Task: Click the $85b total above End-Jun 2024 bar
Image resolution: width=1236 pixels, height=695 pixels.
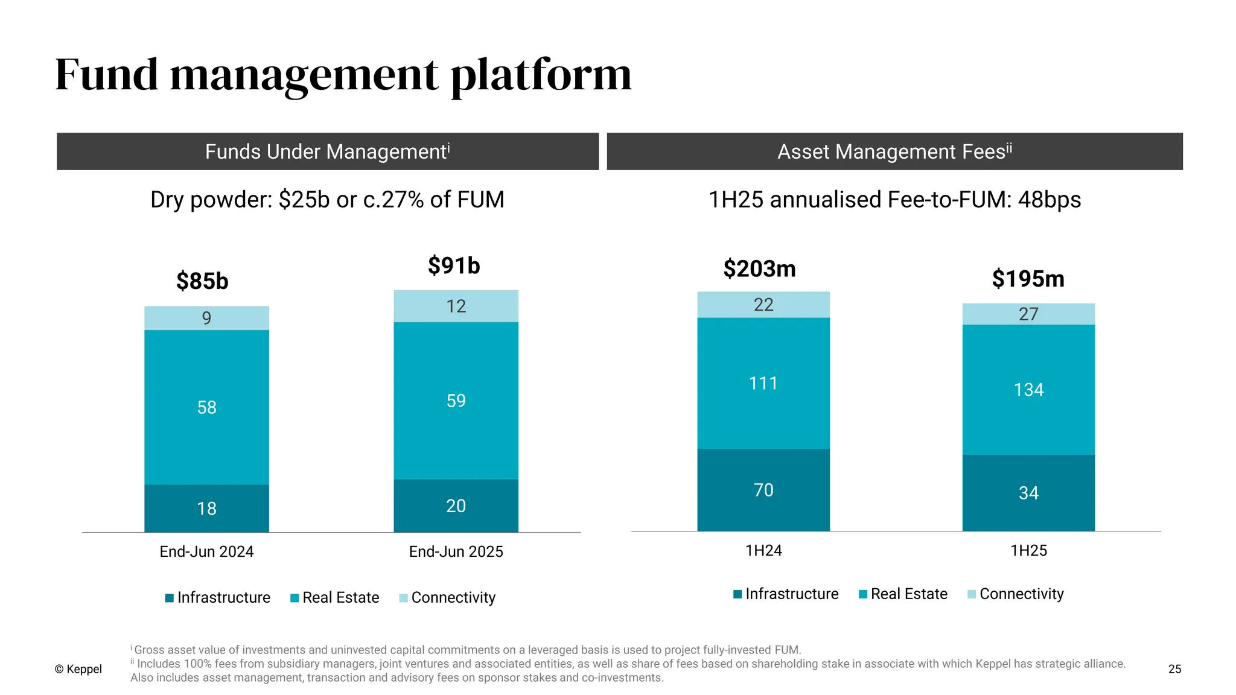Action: [202, 281]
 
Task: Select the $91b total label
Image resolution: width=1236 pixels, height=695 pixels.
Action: [454, 265]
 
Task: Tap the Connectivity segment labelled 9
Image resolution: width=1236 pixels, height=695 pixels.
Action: [206, 318]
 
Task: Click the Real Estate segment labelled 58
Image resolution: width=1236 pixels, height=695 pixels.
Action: [206, 407]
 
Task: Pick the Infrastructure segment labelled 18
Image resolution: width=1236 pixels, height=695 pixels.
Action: [206, 509]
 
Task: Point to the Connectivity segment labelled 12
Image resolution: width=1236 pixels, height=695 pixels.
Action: [456, 306]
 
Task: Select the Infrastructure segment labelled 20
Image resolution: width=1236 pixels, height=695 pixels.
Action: [456, 506]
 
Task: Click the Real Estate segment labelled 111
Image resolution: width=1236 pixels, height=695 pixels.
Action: [763, 383]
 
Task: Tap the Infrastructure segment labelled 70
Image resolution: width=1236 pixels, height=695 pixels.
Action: [763, 490]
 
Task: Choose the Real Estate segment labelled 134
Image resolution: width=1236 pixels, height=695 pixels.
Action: [1028, 390]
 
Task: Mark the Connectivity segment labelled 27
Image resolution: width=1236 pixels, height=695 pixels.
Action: [1028, 314]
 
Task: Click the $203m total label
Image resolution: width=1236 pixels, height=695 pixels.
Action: [759, 268]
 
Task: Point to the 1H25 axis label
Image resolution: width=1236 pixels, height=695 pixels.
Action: [1028, 550]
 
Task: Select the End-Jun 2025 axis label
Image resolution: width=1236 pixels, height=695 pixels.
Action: [456, 551]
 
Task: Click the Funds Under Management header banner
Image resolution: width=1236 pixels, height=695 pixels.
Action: [328, 151]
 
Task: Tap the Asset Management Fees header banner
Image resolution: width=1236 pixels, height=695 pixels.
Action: [894, 151]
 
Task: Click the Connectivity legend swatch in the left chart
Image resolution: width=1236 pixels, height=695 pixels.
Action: [403, 598]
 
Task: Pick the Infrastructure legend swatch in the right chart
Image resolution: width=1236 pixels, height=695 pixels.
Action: [737, 594]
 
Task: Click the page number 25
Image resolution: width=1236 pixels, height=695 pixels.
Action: [1174, 669]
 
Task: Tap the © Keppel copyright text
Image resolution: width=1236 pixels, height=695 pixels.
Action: [78, 669]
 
